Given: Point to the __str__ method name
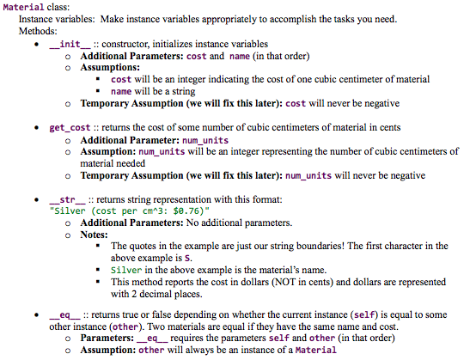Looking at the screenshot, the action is [x=64, y=198].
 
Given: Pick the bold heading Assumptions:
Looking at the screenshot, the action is [x=109, y=67].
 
